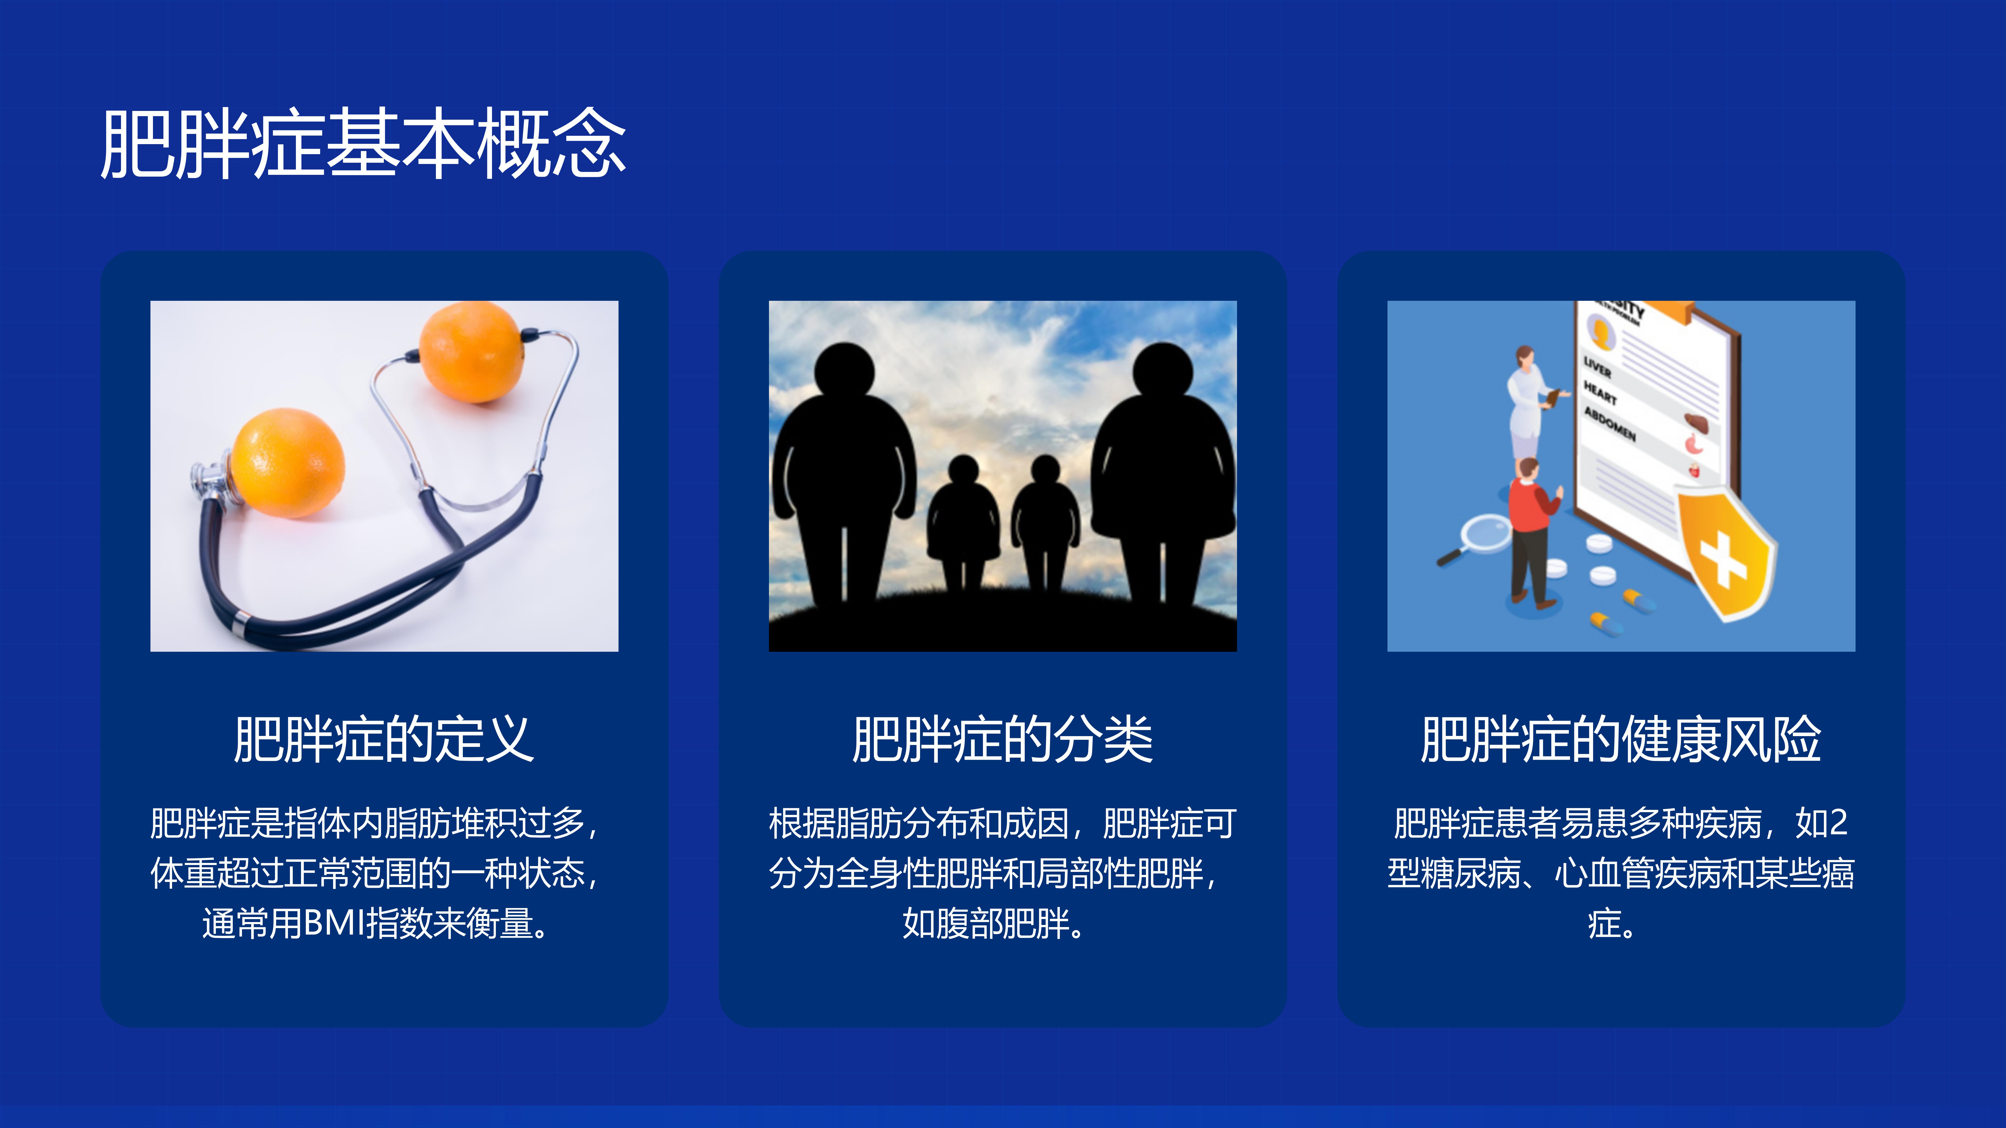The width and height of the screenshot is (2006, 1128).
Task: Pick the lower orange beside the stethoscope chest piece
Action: pyautogui.click(x=287, y=463)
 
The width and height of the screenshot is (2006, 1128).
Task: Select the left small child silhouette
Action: pyautogui.click(x=963, y=522)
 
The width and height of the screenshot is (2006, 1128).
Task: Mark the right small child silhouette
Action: pyautogui.click(x=1045, y=522)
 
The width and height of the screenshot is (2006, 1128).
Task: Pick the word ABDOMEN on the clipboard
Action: pyautogui.click(x=1610, y=423)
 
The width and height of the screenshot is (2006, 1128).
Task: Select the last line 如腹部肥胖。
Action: pyautogui.click(x=993, y=923)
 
